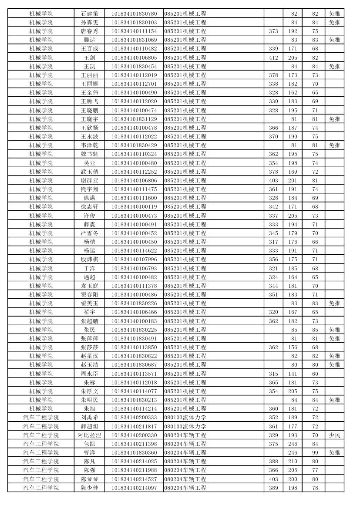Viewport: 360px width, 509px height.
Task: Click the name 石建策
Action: click(x=90, y=13)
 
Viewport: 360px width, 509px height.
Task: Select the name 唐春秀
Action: click(x=90, y=31)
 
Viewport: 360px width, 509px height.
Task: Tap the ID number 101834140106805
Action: click(x=134, y=57)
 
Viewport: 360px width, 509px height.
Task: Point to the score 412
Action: click(x=273, y=57)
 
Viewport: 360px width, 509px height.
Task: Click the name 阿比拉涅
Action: click(x=90, y=435)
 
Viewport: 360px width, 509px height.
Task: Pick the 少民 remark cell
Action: click(x=334, y=435)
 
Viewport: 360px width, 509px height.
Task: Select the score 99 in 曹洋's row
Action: click(x=315, y=452)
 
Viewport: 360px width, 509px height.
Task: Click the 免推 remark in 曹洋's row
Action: click(x=334, y=452)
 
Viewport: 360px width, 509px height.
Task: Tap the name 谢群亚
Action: click(x=90, y=180)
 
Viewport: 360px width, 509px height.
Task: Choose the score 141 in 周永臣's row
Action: click(x=293, y=374)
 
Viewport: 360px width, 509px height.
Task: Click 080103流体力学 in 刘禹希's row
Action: click(x=185, y=417)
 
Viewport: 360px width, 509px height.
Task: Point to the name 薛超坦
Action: click(x=90, y=426)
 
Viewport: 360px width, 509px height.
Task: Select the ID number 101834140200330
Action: click(x=134, y=435)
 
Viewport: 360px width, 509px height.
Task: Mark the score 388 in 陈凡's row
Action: click(x=273, y=461)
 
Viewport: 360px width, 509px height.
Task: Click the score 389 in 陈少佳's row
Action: click(x=273, y=488)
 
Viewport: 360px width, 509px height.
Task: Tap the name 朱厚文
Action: click(x=90, y=391)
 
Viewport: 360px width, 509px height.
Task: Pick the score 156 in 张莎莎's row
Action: click(x=293, y=347)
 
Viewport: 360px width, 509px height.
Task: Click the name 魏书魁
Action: click(x=90, y=154)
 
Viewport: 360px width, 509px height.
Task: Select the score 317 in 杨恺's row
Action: click(x=273, y=242)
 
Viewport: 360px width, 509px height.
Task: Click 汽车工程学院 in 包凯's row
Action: click(x=41, y=444)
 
